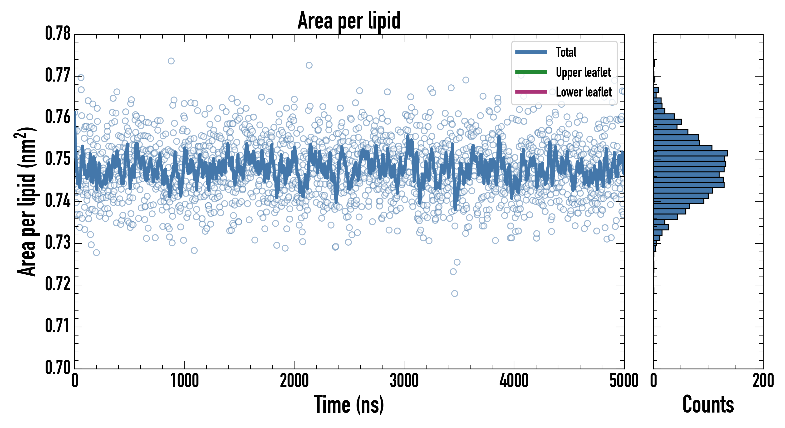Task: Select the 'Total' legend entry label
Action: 566,52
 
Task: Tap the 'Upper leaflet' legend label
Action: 583,72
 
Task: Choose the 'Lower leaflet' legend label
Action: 584,92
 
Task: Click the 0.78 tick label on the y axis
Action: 58,34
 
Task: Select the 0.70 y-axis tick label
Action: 58,367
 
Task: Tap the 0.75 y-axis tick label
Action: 58,159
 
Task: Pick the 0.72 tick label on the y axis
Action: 58,284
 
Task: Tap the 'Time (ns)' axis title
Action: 349,404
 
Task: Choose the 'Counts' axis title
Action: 708,404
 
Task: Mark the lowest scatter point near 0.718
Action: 454,293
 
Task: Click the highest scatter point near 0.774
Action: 171,61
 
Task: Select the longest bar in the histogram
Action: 690,153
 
